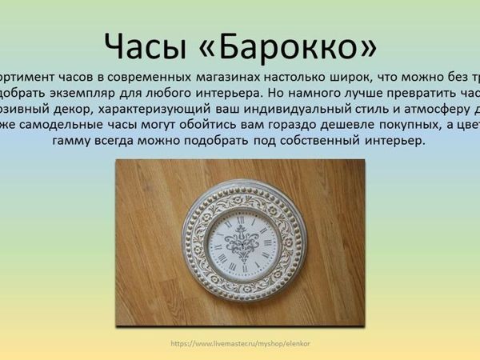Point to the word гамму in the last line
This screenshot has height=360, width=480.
click(x=76, y=141)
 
